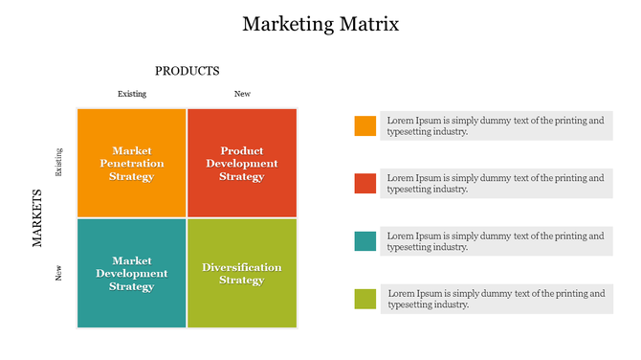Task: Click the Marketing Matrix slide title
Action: point(320,24)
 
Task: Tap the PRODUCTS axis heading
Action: point(188,71)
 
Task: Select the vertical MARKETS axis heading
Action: point(38,218)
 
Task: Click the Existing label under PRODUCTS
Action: point(132,94)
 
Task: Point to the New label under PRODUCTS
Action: point(242,94)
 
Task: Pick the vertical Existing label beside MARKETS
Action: point(59,162)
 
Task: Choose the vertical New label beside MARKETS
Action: point(59,273)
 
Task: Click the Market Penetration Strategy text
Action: point(132,164)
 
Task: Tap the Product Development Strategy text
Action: point(242,164)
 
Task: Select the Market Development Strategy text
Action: point(132,273)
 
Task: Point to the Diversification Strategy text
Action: point(242,273)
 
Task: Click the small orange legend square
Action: point(365,125)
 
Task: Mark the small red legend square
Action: point(365,183)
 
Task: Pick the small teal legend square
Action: point(365,241)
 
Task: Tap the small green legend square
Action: point(365,299)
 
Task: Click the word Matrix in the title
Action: point(365,24)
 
